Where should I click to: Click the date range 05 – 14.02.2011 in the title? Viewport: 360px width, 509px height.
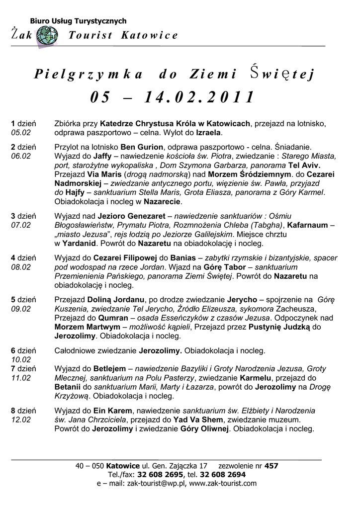172,97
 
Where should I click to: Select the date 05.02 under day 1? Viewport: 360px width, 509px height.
21,133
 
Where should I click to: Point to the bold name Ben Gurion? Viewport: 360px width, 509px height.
142,147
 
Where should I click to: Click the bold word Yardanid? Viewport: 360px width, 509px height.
80,244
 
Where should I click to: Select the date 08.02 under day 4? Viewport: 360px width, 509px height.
21,267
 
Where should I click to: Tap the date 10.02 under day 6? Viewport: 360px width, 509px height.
21,359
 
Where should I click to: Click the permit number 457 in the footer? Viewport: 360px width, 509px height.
271,466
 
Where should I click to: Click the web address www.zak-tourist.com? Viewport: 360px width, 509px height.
223,483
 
